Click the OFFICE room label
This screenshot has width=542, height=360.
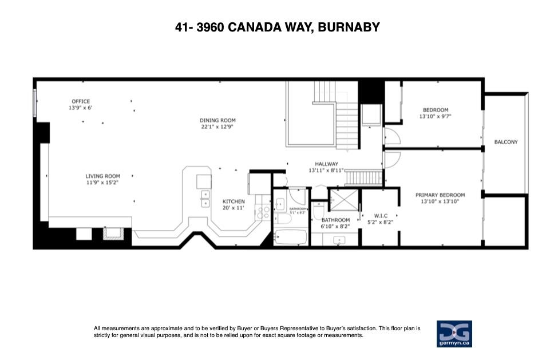pos(81,101)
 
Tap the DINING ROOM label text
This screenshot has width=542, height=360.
pos(217,120)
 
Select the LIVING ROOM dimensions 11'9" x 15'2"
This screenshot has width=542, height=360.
pos(102,182)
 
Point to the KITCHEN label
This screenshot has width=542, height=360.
pos(234,201)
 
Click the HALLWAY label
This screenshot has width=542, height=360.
pos(326,164)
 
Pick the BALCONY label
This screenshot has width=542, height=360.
pos(506,142)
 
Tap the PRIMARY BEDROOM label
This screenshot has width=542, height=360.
pos(440,195)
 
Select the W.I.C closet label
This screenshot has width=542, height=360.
pos(381,216)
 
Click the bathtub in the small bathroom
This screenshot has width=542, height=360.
pos(290,237)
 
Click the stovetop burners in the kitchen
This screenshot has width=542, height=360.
pos(263,212)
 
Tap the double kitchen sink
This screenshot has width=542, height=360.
pos(205,199)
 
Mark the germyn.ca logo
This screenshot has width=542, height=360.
pos(454,334)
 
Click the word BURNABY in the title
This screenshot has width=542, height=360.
pos(349,27)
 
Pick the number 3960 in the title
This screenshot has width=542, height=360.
pos(210,27)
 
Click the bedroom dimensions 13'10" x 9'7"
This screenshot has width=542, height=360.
pos(436,116)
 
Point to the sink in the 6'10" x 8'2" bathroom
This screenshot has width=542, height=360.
pos(339,240)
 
